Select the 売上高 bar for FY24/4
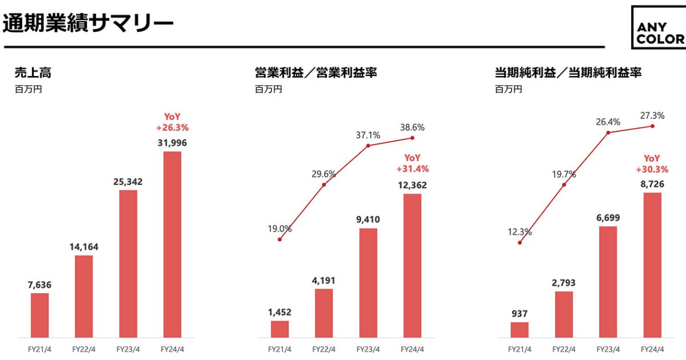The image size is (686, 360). [172, 244]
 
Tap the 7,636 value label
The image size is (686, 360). [39, 285]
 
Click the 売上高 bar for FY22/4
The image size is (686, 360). [83, 296]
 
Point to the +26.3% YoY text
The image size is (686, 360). [172, 127]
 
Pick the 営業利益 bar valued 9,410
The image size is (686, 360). [368, 282]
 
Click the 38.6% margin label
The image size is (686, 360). [412, 127]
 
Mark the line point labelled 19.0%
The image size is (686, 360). [280, 239]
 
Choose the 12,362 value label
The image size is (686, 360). [412, 185]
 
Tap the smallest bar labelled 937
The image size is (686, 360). [520, 330]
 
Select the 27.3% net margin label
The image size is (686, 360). [652, 115]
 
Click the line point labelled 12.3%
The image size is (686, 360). [520, 243]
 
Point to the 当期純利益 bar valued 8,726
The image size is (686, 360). [652, 265]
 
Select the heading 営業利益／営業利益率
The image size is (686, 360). [316, 73]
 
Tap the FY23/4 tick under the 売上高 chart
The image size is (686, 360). [127, 348]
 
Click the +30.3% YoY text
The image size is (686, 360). [652, 169]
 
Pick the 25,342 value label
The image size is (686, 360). [127, 182]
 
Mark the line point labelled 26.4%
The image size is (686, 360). [608, 133]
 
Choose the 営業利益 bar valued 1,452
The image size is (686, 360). [280, 329]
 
